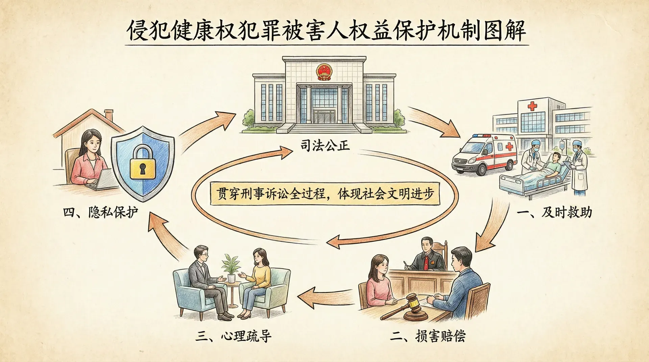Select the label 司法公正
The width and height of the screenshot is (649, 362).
click(324, 146)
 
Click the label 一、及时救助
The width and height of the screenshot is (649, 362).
click(554, 213)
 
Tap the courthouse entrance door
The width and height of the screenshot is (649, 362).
click(324, 116)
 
